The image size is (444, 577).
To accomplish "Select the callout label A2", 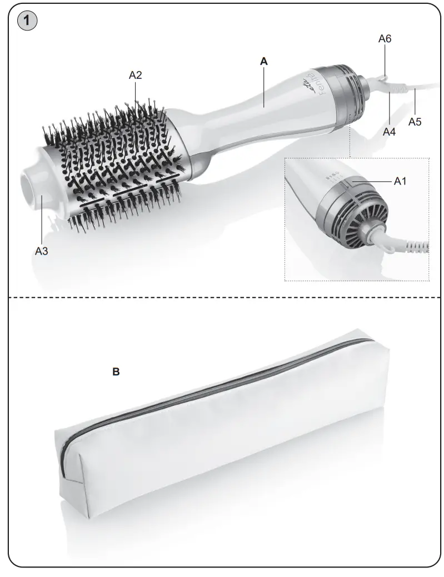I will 135,75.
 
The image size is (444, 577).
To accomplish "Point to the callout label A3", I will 42,251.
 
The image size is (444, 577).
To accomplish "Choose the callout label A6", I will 385,38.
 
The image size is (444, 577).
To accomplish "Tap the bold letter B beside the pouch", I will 116,372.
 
